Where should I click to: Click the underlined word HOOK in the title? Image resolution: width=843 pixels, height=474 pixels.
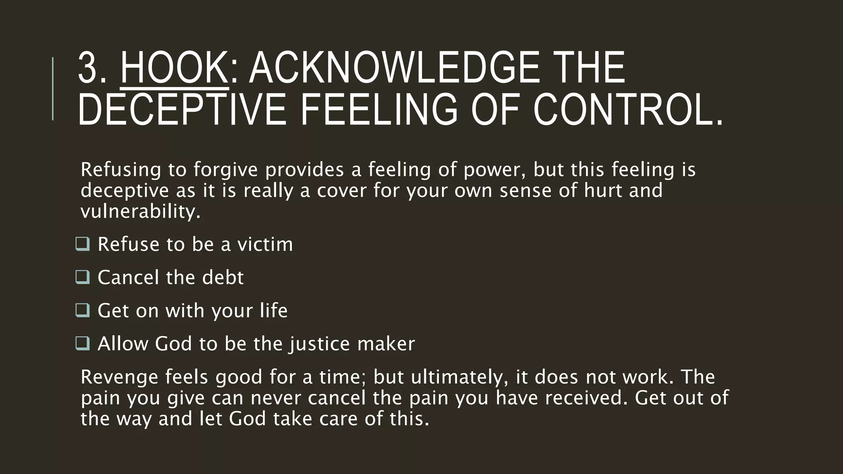174,68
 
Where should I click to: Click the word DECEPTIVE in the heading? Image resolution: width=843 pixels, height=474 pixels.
182,109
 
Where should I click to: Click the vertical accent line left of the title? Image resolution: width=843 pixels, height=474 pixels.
53,88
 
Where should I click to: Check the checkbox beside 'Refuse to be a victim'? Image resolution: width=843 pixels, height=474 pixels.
83,244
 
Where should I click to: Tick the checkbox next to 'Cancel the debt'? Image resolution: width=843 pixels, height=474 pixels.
83,277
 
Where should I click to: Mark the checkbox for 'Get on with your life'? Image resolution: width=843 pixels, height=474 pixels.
83,310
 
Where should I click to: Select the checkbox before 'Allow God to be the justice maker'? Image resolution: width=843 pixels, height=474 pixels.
83,343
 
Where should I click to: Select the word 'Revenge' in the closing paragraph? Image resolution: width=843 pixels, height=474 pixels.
119,377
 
